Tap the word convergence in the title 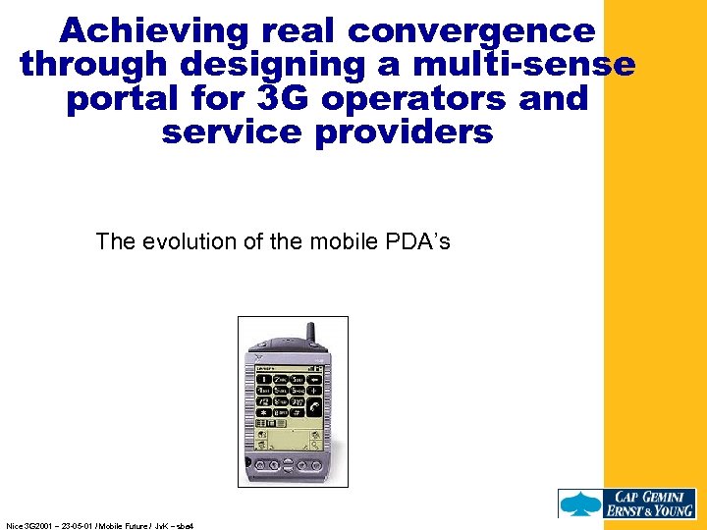tap(471, 31)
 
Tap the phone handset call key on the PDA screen tap(313, 404)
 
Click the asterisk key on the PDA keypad tap(263, 416)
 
